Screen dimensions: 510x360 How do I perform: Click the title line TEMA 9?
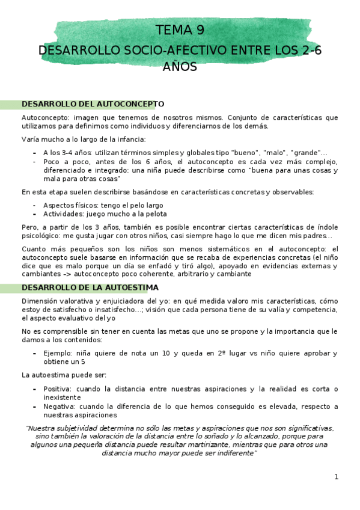(180, 30)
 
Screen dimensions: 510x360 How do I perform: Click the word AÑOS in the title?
(180, 66)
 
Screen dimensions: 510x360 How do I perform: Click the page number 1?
(337, 477)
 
